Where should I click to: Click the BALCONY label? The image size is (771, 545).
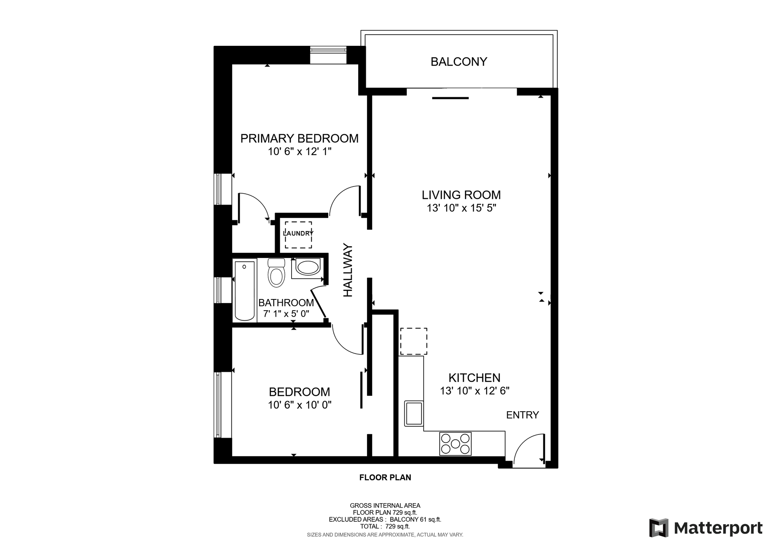click(459, 61)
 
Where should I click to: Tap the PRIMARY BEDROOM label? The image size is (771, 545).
click(299, 138)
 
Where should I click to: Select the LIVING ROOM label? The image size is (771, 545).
click(461, 195)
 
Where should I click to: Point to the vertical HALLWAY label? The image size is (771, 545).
click(348, 270)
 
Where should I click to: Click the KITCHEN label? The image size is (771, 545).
click(474, 378)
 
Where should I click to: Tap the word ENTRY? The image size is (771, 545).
click(522, 415)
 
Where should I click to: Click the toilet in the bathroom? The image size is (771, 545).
click(276, 272)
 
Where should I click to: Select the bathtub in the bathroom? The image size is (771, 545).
click(245, 291)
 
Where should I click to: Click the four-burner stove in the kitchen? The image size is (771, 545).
click(455, 444)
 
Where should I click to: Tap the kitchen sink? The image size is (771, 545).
click(414, 413)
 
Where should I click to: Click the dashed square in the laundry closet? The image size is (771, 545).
click(298, 235)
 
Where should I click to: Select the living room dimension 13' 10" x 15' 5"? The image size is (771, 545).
click(461, 208)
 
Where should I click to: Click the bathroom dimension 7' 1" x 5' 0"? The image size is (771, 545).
click(286, 313)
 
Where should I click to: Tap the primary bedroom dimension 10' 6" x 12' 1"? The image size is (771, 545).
click(300, 152)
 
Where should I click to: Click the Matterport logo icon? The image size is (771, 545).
click(659, 528)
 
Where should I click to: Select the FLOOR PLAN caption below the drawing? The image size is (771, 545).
click(385, 477)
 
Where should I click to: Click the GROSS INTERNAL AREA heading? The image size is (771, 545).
click(385, 506)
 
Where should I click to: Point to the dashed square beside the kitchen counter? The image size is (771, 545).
click(414, 341)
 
